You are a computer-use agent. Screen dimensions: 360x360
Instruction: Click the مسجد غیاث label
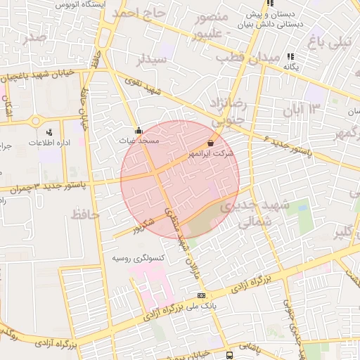tap(138, 141)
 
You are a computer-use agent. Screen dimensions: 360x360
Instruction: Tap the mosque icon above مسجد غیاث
tap(139, 130)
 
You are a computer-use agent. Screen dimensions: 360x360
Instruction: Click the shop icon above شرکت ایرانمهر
tap(211, 142)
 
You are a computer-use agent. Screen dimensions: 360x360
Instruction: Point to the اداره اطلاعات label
tap(48, 143)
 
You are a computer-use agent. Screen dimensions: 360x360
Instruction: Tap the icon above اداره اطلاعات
tap(49, 131)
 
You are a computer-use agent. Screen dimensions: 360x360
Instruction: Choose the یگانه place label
tap(291, 66)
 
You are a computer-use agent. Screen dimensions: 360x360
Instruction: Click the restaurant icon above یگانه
tap(291, 56)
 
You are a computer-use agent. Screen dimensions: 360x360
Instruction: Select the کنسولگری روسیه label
tap(139, 258)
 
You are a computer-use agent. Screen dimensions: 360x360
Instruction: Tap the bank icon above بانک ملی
tap(202, 295)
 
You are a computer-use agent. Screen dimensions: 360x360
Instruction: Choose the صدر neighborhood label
tap(33, 37)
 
